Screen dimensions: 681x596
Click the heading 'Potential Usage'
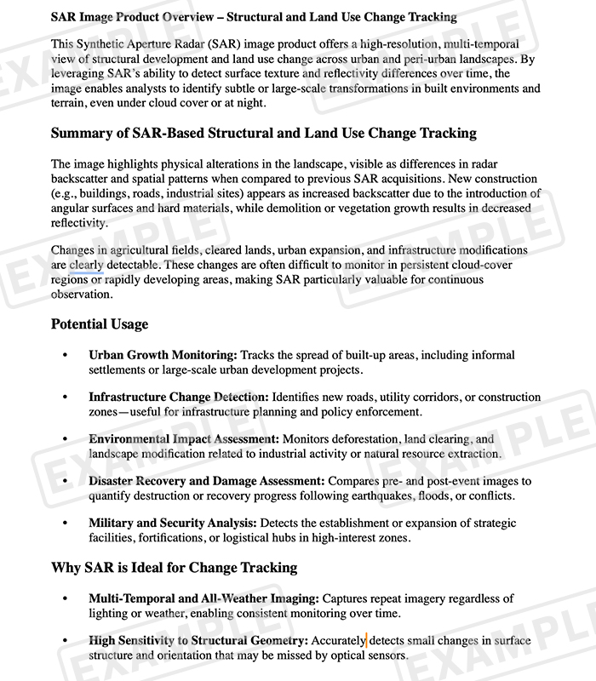point(100,324)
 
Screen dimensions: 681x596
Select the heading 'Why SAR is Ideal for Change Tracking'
point(174,568)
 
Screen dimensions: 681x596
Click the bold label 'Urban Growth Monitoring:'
point(163,355)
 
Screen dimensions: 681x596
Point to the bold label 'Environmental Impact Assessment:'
point(183,439)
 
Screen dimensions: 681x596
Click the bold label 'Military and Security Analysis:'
point(173,523)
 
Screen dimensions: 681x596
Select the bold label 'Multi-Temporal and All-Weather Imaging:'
point(203,598)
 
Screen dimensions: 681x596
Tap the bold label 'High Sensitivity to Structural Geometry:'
point(198,640)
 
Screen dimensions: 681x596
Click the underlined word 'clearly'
point(87,265)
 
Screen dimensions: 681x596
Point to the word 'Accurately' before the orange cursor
point(338,640)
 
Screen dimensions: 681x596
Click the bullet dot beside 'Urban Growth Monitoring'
point(64,355)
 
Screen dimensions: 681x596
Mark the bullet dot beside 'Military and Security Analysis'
point(64,523)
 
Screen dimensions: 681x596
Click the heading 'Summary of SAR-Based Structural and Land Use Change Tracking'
point(264,134)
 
